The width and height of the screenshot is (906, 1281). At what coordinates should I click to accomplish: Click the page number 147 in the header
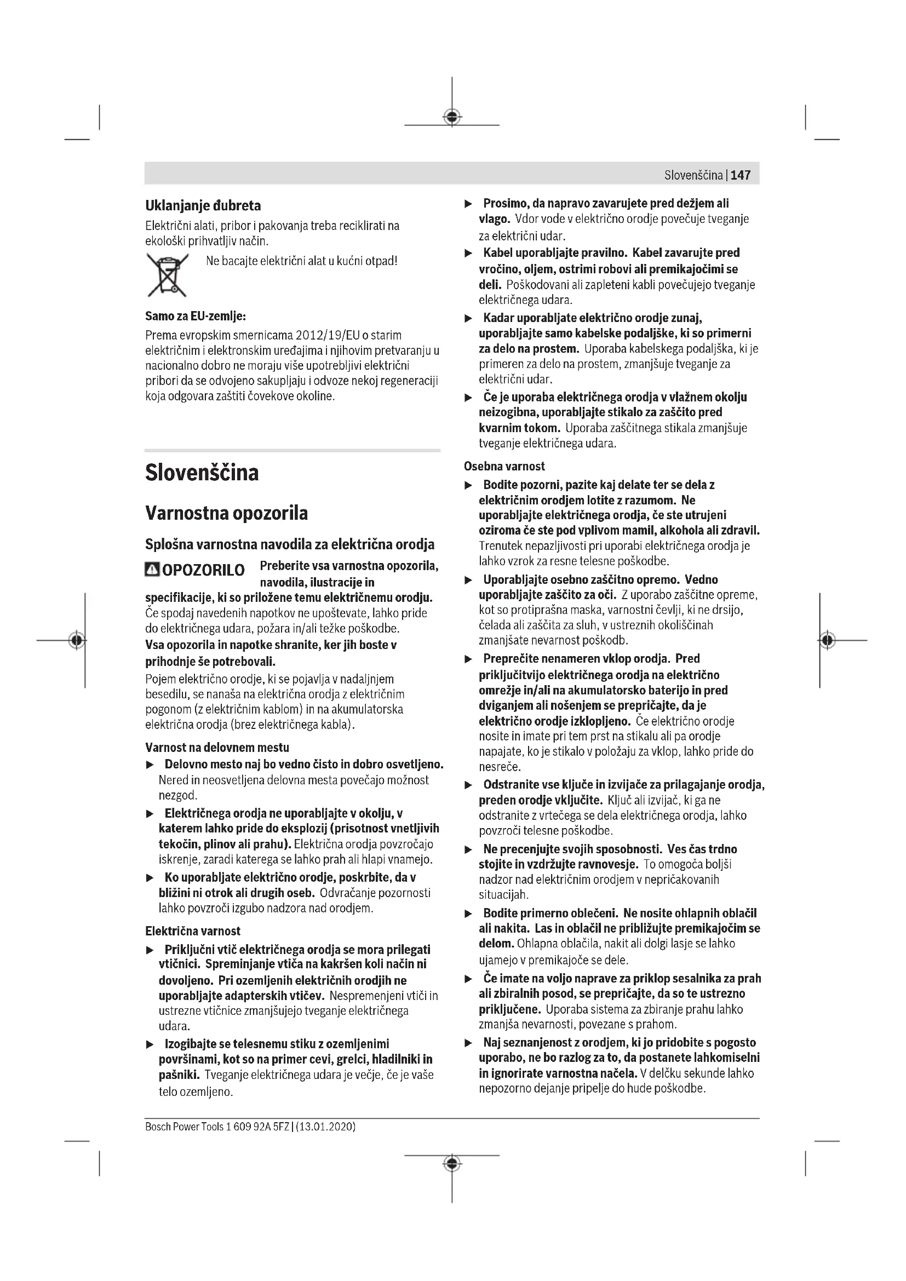point(741,175)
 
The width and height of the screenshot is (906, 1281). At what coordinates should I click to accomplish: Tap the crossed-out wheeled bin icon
point(167,274)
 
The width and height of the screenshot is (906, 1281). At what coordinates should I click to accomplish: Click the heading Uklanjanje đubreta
point(203,205)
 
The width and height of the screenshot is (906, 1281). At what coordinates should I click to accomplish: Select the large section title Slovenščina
point(202,473)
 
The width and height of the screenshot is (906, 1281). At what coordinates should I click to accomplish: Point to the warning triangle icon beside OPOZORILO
point(151,569)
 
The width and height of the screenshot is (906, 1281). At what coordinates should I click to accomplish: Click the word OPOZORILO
point(203,570)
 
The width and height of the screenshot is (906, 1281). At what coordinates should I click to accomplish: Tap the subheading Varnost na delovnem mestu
point(217,747)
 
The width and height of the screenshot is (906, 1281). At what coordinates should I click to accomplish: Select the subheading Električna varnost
point(192,930)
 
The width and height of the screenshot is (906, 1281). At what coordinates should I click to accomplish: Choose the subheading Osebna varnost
point(504,466)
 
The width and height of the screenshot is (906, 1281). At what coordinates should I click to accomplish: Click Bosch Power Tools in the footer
point(184,1127)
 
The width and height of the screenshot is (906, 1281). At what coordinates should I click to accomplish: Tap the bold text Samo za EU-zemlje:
point(195,316)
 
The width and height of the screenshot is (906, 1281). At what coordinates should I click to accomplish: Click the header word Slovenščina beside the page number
point(693,175)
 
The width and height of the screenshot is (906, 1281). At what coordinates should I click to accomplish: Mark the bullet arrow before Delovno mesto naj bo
point(150,765)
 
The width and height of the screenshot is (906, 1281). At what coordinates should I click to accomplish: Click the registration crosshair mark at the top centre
point(452,117)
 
